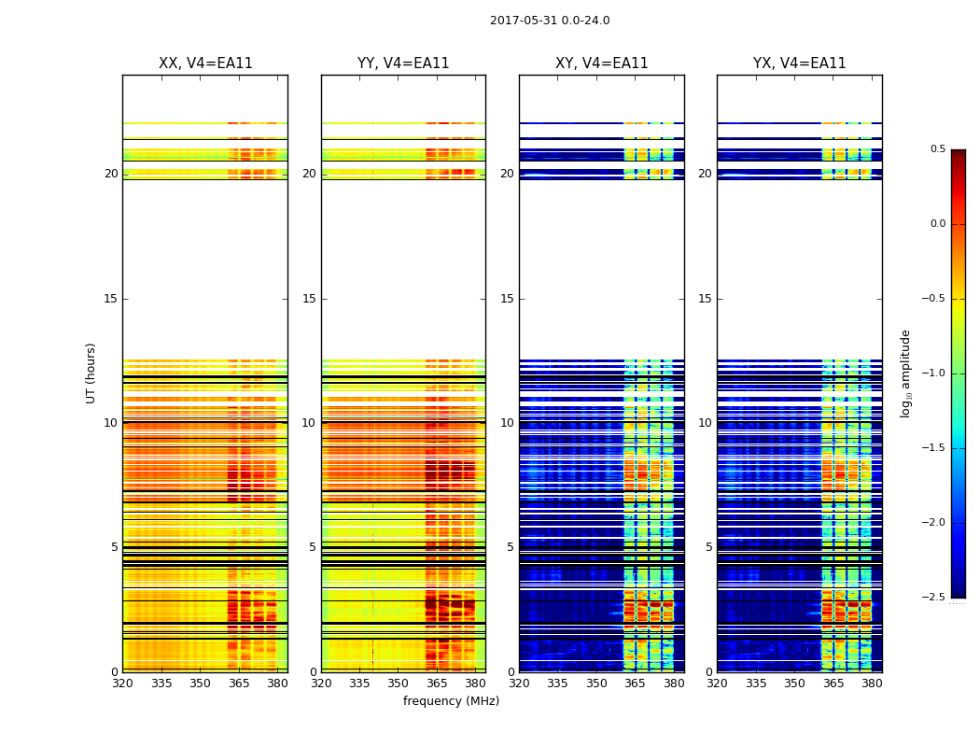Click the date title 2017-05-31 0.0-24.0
tap(550, 21)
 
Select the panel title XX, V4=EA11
tap(205, 63)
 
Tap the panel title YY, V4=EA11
tap(403, 63)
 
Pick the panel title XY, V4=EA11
tap(602, 63)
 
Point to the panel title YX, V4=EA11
tap(800, 63)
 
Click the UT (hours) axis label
tap(91, 373)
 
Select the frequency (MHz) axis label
tap(451, 701)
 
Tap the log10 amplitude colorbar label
tap(905, 373)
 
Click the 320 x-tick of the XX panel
tap(122, 684)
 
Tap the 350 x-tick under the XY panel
tap(596, 684)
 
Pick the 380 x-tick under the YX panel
tap(872, 684)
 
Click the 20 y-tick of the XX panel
tap(111, 174)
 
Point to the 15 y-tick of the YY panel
tap(309, 299)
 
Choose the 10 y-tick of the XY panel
tap(507, 423)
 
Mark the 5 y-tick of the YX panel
tap(708, 547)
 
